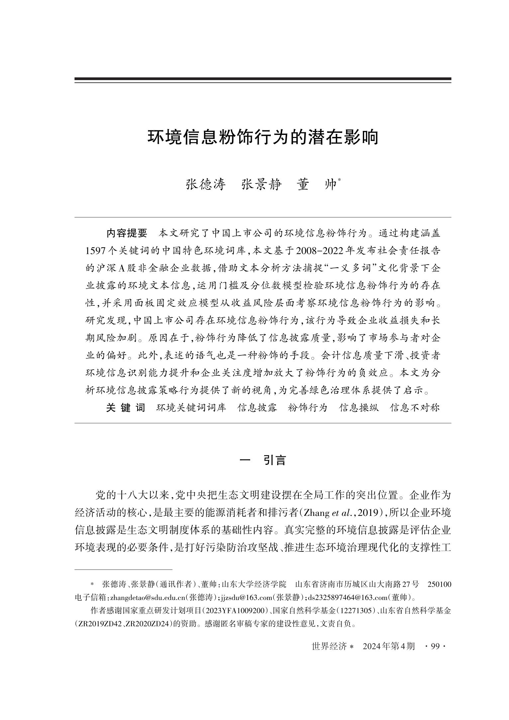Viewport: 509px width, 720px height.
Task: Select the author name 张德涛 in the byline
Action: click(206, 185)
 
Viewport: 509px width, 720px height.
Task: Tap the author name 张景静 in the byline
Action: click(261, 185)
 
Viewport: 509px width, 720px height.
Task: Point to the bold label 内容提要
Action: click(127, 233)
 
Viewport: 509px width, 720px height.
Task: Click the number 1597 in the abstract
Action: click(95, 251)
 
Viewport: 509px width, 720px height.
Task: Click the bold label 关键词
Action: click(126, 408)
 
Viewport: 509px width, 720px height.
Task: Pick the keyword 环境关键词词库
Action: click(191, 408)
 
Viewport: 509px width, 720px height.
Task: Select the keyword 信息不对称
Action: click(415, 408)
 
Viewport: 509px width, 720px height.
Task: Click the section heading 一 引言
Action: click(263, 460)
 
